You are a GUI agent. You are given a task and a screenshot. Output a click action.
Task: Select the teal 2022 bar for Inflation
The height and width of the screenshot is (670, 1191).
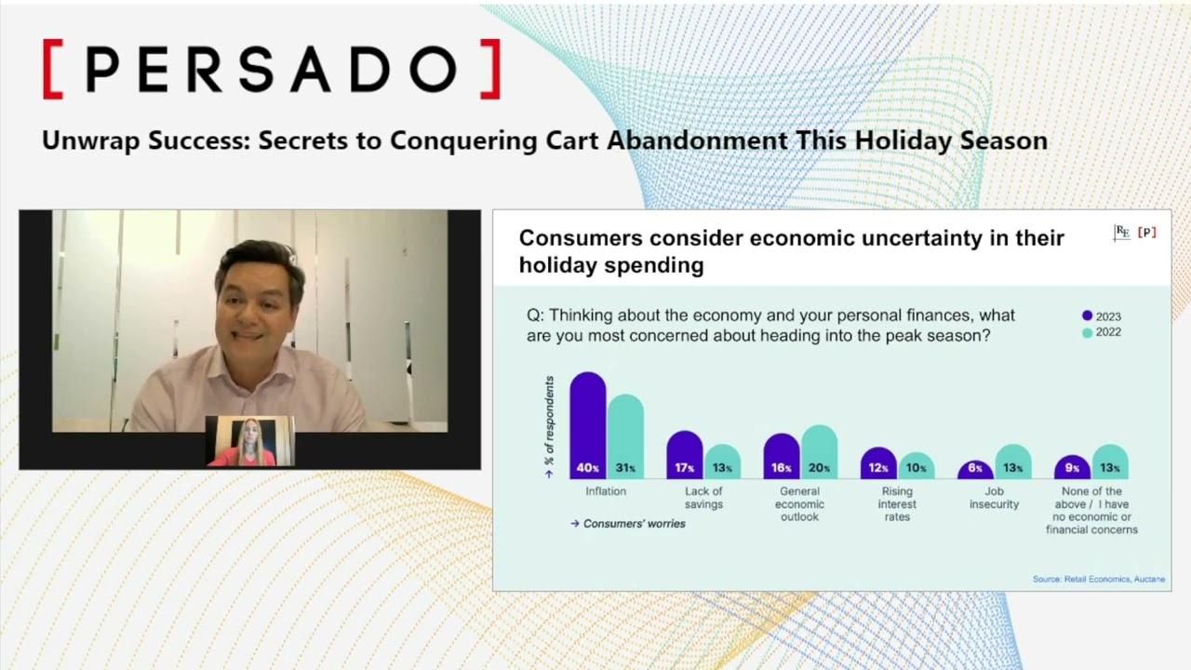pos(625,436)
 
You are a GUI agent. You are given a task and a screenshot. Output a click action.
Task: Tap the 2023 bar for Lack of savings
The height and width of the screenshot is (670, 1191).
pos(685,455)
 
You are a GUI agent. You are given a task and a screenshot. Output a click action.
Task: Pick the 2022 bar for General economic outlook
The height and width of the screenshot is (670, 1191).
pos(819,451)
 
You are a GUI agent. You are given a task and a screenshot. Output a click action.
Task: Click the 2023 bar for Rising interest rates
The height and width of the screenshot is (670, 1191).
pos(878,462)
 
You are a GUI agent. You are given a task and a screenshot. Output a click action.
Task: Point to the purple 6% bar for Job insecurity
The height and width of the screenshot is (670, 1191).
pos(975,469)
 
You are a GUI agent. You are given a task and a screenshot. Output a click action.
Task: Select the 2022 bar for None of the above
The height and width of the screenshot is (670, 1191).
pos(1110,461)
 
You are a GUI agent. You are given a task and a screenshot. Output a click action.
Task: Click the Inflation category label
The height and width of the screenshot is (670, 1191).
pos(606,491)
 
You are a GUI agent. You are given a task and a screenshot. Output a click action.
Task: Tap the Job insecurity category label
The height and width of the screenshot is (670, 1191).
pos(994,498)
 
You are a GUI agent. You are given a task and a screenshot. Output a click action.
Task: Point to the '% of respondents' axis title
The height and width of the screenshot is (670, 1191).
pos(549,421)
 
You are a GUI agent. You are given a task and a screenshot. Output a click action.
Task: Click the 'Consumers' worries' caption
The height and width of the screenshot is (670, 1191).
pos(634,524)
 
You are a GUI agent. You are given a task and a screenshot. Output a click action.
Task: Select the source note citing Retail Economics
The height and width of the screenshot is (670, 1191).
pos(1098,579)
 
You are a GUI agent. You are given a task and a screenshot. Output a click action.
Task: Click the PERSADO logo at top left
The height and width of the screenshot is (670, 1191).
pos(272,69)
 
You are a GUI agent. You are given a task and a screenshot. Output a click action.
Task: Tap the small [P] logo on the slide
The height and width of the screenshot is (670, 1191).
pos(1146,233)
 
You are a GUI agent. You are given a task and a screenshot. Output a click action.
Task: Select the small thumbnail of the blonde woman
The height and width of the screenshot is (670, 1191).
pos(249,441)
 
